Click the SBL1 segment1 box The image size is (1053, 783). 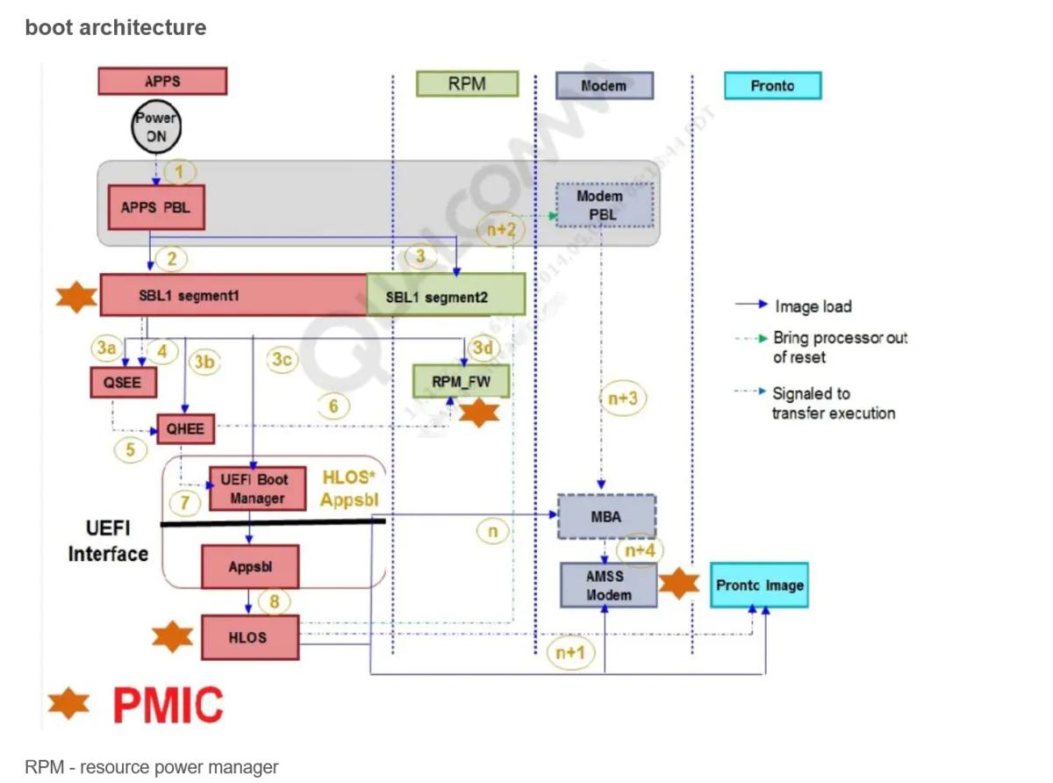(233, 295)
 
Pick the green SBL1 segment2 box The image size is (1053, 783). (446, 295)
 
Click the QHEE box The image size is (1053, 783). (185, 428)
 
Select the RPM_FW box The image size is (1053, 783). (461, 381)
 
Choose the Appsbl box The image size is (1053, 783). (250, 567)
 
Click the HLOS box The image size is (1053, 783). (249, 637)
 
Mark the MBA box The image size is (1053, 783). (606, 517)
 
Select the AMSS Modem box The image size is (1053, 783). (608, 585)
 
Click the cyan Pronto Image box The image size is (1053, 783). (759, 585)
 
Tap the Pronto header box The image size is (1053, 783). (772, 85)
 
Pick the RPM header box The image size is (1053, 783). (467, 84)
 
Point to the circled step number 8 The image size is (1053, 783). (274, 602)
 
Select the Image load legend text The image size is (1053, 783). (813, 306)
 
